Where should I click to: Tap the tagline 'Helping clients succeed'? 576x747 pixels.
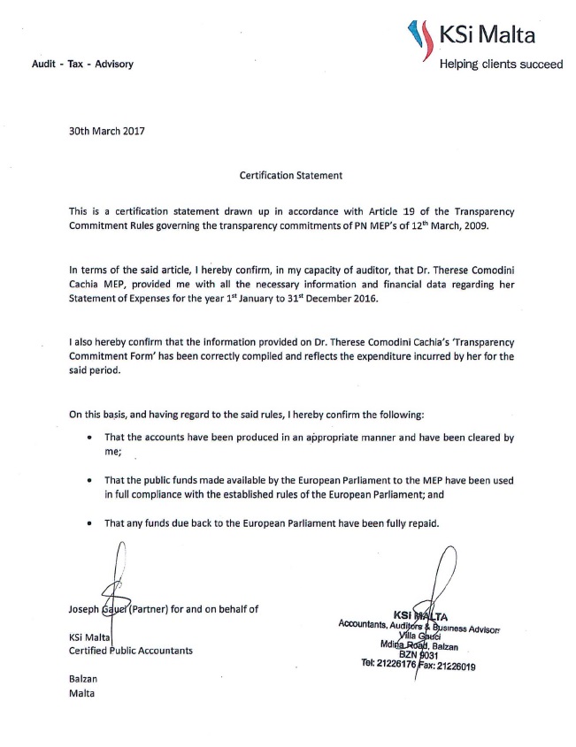coord(501,64)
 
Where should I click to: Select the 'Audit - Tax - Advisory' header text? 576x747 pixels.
coord(82,64)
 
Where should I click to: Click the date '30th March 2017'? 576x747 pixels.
coord(107,131)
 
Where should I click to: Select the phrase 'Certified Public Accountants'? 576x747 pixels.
coord(130,651)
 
